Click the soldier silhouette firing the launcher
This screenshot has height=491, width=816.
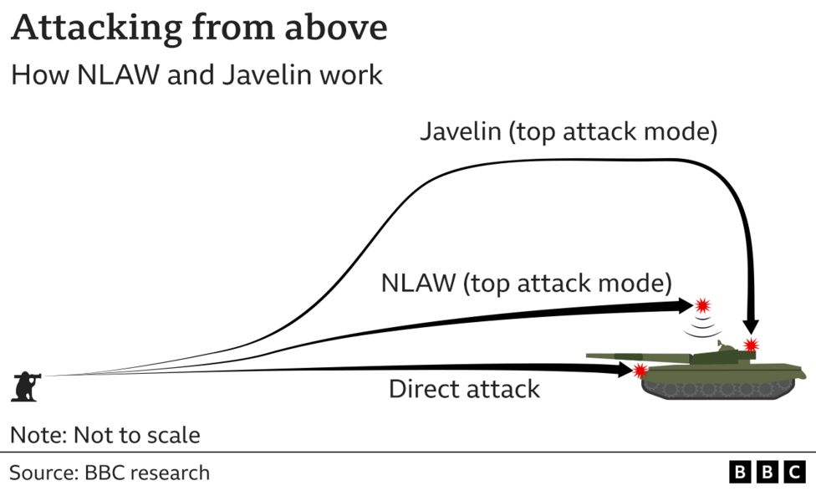25,385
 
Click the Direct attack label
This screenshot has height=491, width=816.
464,389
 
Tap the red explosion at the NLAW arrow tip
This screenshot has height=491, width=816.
702,304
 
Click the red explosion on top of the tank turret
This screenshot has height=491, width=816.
751,345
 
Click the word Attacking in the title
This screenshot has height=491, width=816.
92,29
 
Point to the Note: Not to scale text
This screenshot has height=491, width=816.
105,435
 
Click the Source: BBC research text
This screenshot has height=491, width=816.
110,473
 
